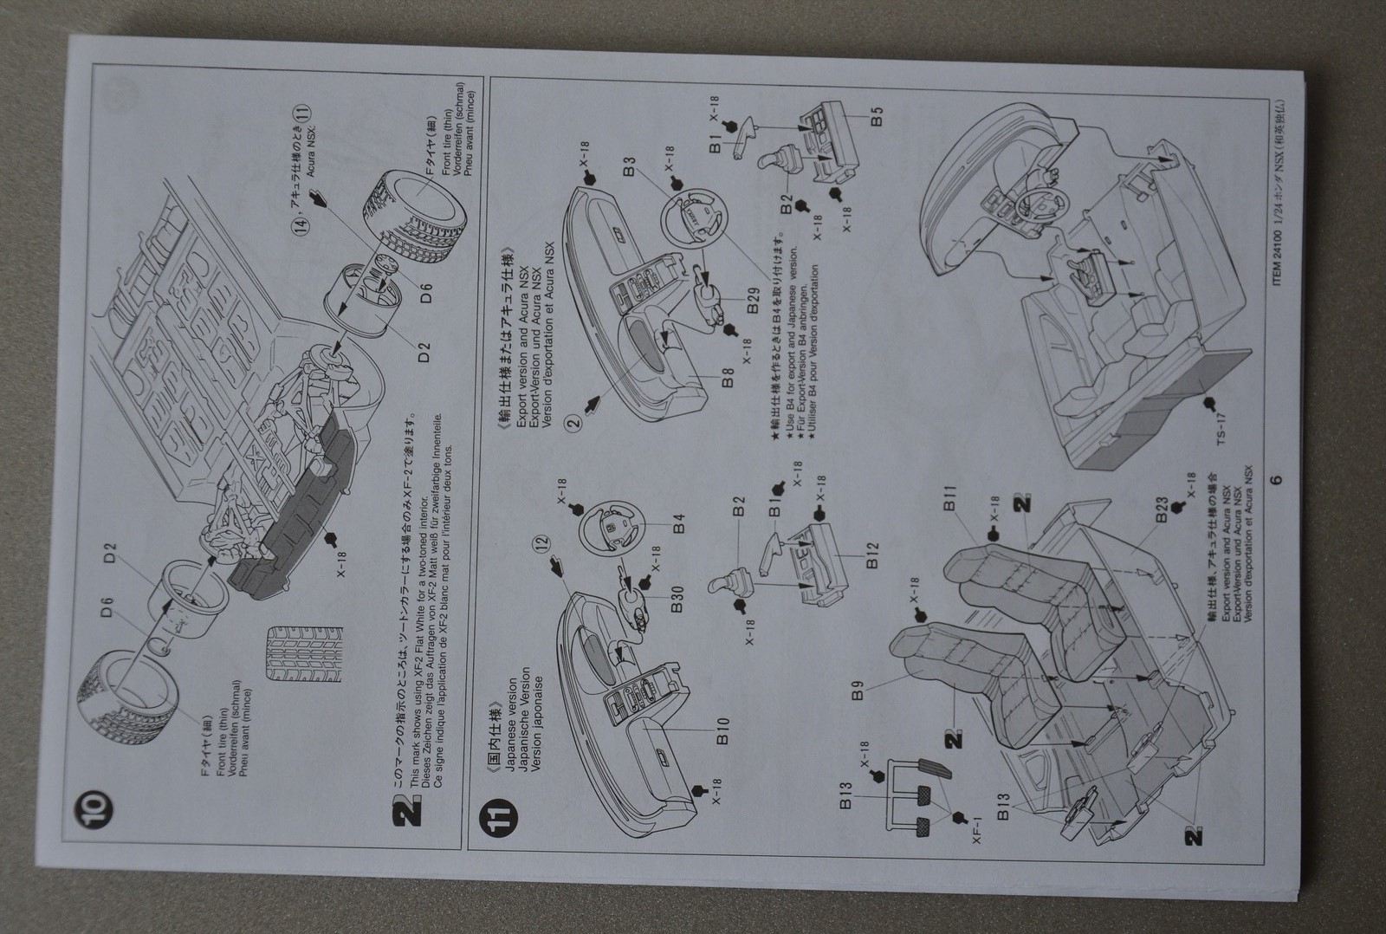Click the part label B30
pyautogui.click(x=678, y=598)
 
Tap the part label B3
pyautogui.click(x=629, y=162)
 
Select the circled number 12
pyautogui.click(x=542, y=544)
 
